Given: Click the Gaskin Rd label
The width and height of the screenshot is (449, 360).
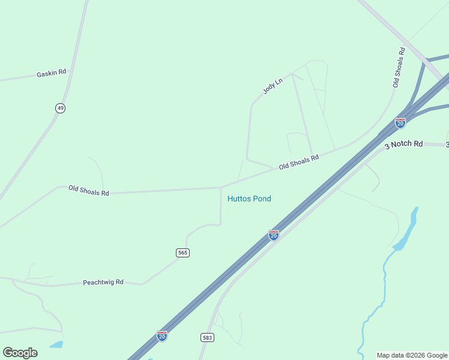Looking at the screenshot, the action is click(50, 73).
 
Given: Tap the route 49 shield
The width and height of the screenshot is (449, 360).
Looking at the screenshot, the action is click(60, 108).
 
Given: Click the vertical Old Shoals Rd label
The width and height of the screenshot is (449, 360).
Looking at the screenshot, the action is click(399, 67).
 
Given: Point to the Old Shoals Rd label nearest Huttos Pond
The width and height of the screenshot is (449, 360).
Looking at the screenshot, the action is click(298, 162).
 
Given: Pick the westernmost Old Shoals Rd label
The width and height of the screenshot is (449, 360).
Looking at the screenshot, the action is click(89, 190).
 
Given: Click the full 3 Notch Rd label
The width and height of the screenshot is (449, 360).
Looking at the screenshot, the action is click(403, 145).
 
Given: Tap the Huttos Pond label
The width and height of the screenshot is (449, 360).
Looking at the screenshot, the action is click(249, 199).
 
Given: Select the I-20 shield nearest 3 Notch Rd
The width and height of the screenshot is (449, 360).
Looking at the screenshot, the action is click(400, 123).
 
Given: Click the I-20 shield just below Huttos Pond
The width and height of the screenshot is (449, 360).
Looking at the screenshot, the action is click(274, 235).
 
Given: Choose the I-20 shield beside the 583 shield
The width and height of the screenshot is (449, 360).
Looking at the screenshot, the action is click(162, 336).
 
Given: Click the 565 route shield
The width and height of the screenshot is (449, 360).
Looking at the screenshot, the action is click(183, 253).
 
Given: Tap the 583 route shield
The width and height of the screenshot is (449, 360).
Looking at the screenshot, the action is click(207, 338).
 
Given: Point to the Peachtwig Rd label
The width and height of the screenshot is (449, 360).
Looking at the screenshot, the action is click(103, 282).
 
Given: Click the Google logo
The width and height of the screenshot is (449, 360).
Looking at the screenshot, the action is click(20, 353).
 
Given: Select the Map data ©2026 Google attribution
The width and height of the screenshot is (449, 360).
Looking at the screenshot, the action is click(412, 355).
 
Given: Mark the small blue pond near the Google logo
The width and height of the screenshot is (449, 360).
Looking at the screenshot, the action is click(56, 345).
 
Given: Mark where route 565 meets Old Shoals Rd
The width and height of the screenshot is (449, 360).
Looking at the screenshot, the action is click(221, 187).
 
